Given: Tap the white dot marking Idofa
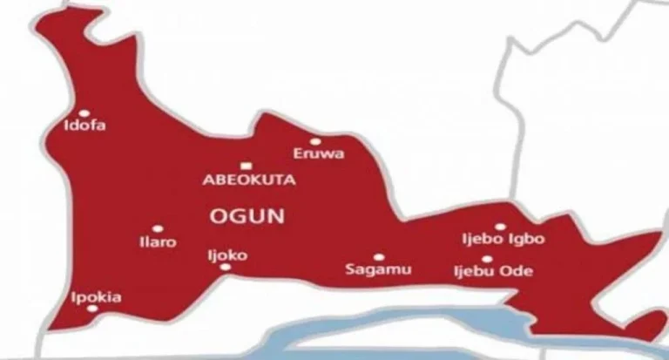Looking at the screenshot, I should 84,112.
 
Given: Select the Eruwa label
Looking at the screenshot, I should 319,154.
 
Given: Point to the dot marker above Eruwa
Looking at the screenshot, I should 314,140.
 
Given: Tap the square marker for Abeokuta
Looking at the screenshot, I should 247,165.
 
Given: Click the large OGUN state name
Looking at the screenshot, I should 248,215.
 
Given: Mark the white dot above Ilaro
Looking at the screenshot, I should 157,228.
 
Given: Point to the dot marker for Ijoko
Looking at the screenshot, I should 226,267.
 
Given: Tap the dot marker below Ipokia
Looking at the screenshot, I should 93,309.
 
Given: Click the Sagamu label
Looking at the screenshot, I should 374,271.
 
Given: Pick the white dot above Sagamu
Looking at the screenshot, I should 378,257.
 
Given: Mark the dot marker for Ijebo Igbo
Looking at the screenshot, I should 500,227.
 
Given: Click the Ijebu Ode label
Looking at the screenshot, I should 493,272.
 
